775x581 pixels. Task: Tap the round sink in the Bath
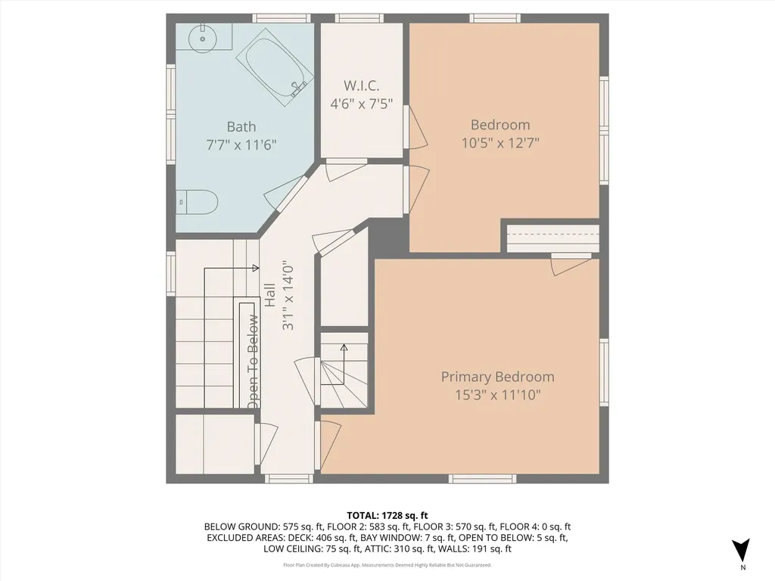202,38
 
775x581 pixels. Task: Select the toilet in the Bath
201,202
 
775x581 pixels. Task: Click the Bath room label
241,126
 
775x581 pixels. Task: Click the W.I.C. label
360,85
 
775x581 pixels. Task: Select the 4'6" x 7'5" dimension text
361,104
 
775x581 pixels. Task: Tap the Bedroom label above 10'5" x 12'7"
500,124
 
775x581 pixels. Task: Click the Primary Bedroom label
497,376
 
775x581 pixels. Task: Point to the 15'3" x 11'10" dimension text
497,394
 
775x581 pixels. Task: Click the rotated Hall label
270,295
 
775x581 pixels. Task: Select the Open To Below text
253,363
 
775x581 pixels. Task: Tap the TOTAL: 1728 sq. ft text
387,514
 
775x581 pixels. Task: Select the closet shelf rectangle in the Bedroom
552,238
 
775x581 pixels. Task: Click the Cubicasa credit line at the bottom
387,565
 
